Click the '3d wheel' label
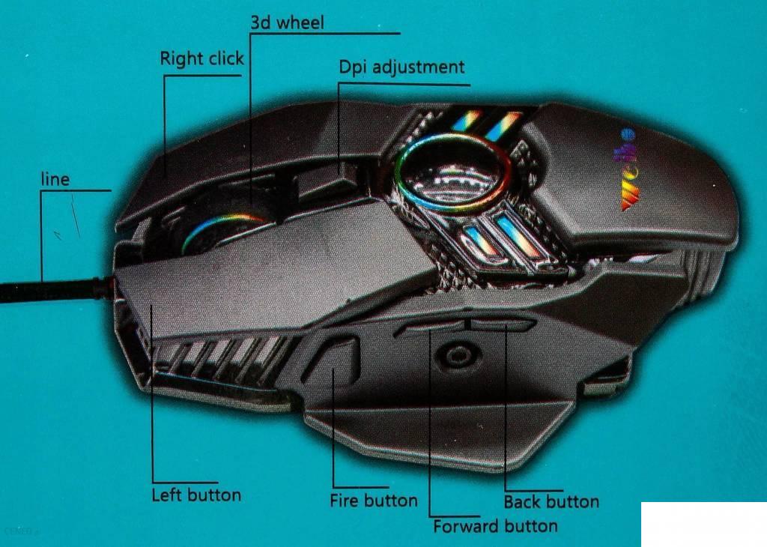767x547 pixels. (x=287, y=23)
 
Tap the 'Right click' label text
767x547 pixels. (x=201, y=58)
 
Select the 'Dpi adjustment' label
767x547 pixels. (x=401, y=67)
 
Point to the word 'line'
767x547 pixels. (x=55, y=179)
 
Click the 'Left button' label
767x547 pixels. (x=196, y=495)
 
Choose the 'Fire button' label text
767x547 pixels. (x=373, y=501)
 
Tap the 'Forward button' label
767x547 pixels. (x=494, y=526)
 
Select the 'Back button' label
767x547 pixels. (x=551, y=502)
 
